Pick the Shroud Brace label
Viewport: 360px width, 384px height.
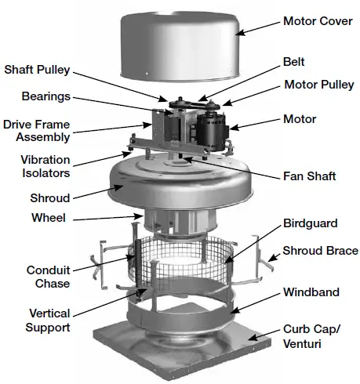pyautogui.click(x=318, y=251)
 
